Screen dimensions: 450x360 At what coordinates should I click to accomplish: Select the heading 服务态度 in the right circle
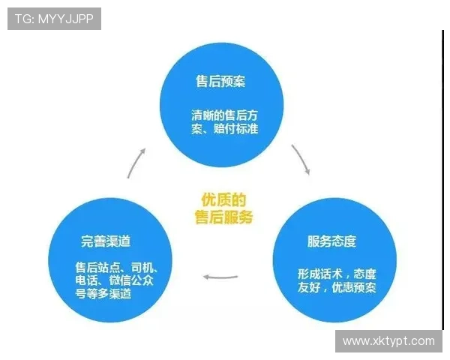(331, 241)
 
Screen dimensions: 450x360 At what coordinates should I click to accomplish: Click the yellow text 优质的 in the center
(223, 199)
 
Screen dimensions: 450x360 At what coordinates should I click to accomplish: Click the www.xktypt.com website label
(388, 341)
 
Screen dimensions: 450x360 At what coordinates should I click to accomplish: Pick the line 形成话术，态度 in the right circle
(337, 274)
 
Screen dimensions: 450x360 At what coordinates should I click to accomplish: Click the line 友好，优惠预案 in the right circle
(337, 288)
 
